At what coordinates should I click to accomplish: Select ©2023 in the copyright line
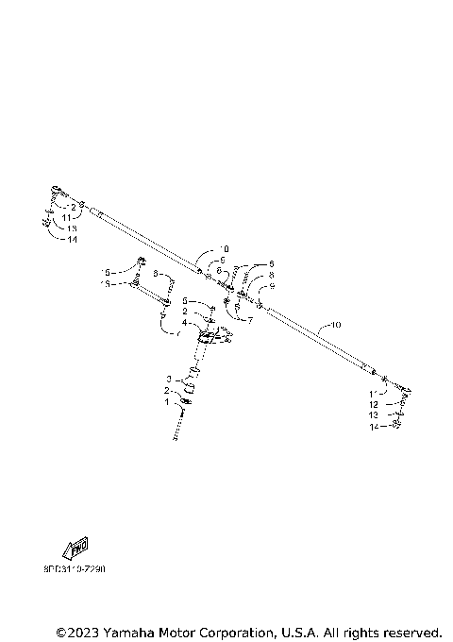coord(76,631)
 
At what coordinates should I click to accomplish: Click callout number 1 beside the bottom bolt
coord(167,401)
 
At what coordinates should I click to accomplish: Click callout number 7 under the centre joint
coord(250,320)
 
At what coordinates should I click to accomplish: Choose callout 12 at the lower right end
coord(375,403)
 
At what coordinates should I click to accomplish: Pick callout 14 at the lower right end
coord(375,426)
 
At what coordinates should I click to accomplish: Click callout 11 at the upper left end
coord(68,217)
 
